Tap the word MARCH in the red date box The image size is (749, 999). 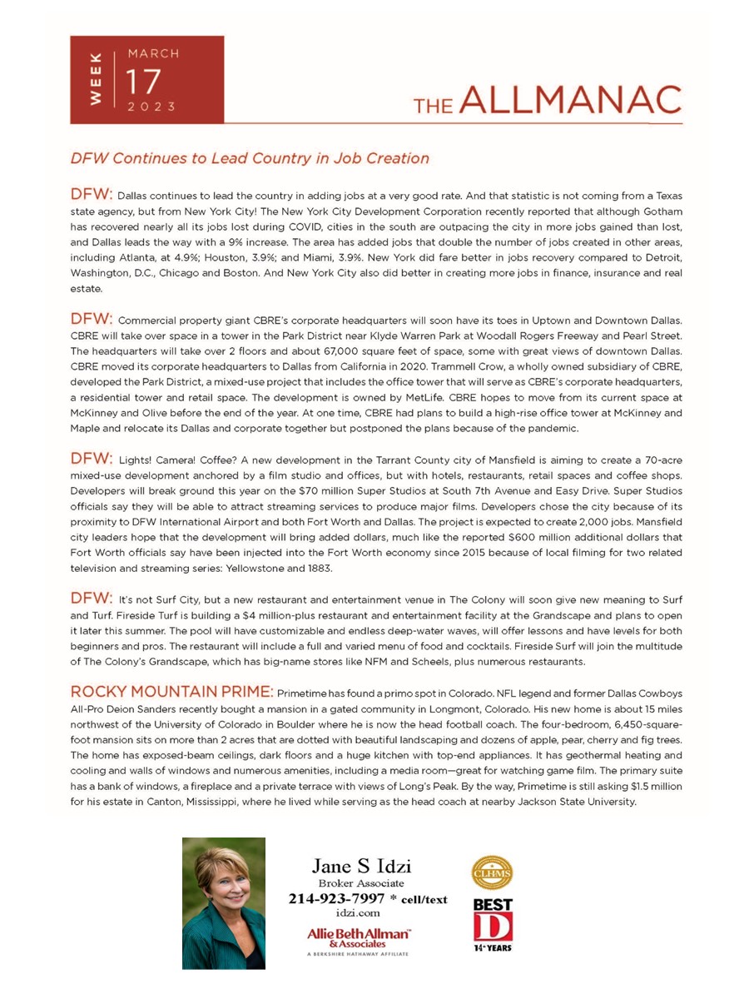pos(152,53)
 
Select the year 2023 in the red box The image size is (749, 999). pos(151,107)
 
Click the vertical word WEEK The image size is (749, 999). pos(96,79)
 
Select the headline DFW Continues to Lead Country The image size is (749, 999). pos(250,158)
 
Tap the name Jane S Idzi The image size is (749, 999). pos(361,867)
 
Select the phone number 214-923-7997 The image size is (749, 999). pos(336,898)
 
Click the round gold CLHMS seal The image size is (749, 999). pos(492,873)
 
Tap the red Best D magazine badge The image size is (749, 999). pos(492,920)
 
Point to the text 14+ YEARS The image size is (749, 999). pos(492,947)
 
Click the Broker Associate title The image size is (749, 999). pos(361,882)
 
